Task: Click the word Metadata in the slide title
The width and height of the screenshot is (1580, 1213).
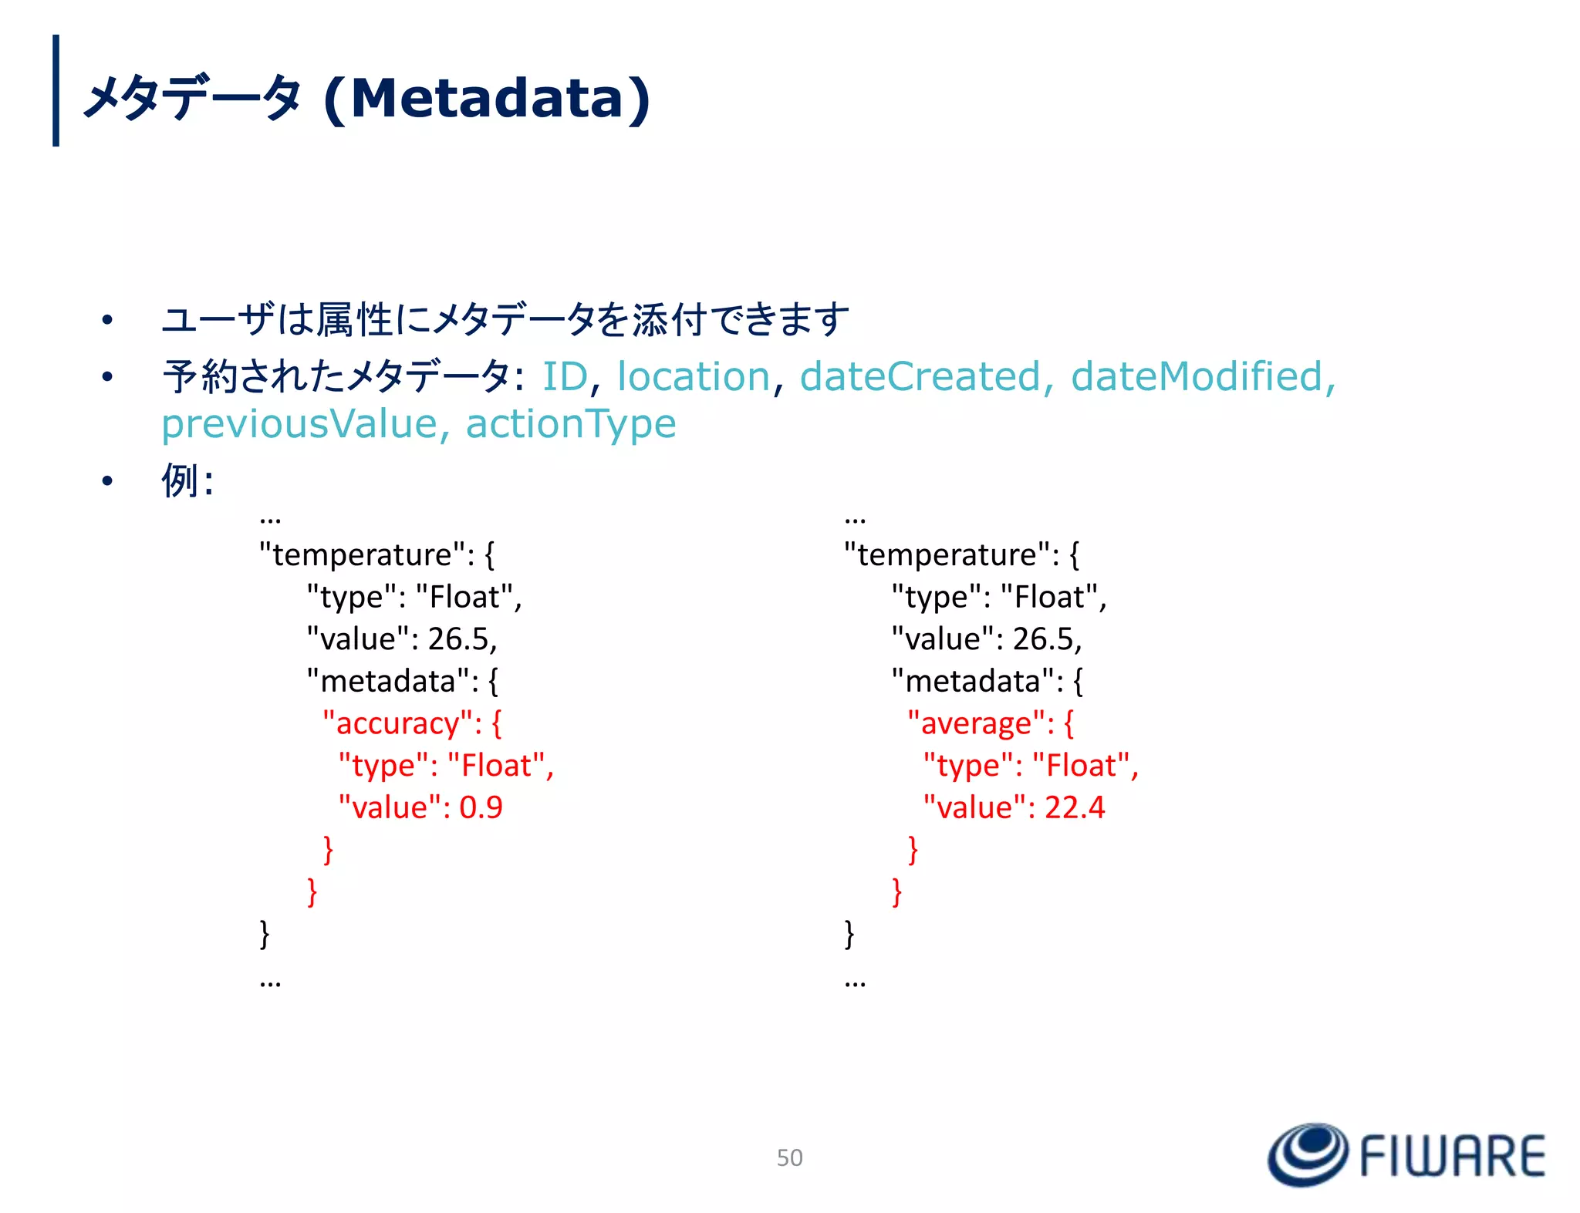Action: [486, 99]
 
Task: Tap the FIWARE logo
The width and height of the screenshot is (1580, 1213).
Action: [1406, 1154]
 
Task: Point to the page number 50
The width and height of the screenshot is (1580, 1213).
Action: [789, 1157]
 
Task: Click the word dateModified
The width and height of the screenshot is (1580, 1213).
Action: [1197, 376]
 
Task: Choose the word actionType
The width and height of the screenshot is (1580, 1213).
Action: [571, 423]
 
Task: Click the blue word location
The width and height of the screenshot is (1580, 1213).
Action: [694, 376]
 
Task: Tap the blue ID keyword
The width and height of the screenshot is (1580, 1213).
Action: [565, 376]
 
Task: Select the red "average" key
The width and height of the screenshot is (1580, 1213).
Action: [980, 723]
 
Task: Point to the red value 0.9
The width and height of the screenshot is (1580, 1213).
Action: [481, 807]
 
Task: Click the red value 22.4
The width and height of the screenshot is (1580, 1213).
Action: [1075, 807]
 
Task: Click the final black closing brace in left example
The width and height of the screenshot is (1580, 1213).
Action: [265, 934]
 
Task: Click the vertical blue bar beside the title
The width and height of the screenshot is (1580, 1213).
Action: [56, 90]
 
